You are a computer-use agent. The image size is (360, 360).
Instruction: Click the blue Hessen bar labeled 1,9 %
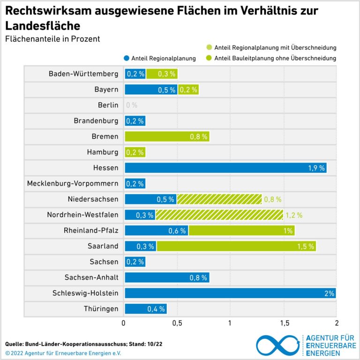(x=225, y=168)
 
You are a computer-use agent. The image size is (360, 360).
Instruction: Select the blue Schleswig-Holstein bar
(x=230, y=293)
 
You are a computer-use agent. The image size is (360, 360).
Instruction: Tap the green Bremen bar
(x=167, y=136)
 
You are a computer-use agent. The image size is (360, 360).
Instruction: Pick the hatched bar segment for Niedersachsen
(x=219, y=199)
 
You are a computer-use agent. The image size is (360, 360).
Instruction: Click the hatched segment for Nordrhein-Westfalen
(x=219, y=215)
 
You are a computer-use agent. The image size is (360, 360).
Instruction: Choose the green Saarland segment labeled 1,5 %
(x=236, y=246)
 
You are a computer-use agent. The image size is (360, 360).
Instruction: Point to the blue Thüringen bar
(x=145, y=309)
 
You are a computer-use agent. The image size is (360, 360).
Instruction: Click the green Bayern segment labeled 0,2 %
(x=188, y=90)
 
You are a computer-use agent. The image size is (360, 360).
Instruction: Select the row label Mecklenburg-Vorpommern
(x=73, y=183)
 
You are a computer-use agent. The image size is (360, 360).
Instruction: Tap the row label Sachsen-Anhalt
(x=91, y=277)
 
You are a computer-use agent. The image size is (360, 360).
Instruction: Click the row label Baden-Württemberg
(x=83, y=74)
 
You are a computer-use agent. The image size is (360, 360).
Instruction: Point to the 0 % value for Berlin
(x=132, y=105)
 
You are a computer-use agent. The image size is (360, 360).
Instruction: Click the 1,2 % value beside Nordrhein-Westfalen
(x=293, y=215)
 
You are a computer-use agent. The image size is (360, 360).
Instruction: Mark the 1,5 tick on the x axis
(x=283, y=323)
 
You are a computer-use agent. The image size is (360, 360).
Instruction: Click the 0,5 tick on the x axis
(x=177, y=323)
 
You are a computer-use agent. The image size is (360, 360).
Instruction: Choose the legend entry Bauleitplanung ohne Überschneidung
(x=275, y=59)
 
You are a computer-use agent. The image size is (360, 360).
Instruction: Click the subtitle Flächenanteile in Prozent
(x=52, y=39)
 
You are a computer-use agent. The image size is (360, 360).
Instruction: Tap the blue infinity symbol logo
(x=277, y=345)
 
